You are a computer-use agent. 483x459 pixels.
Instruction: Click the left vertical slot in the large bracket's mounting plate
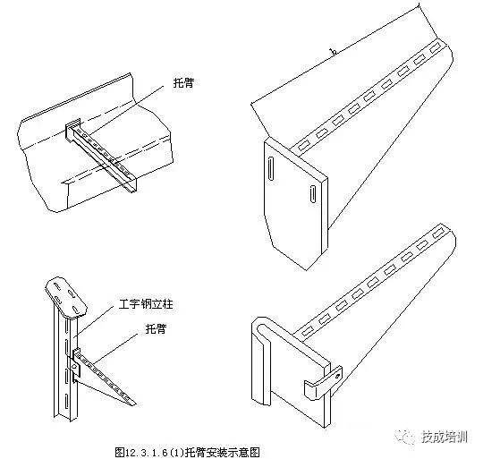pyautogui.click(x=271, y=170)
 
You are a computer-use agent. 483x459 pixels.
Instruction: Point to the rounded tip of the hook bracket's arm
pyautogui.click(x=451, y=234)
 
